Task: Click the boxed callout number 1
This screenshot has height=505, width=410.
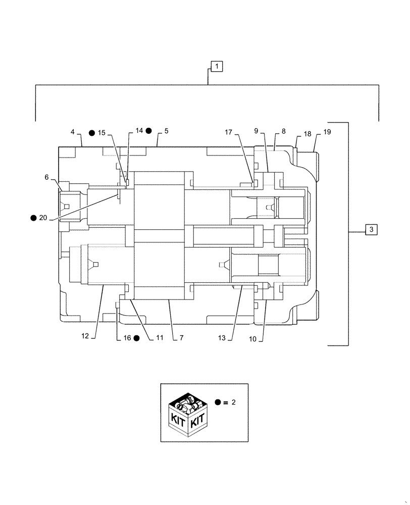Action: (216, 66)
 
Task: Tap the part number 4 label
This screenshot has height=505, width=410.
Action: (73, 132)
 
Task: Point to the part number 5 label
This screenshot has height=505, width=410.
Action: (166, 131)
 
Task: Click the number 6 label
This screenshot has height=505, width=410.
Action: (46, 177)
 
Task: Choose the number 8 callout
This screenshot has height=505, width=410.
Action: (283, 131)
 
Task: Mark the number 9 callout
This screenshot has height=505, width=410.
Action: (257, 131)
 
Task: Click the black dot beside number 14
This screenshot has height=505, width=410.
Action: (149, 131)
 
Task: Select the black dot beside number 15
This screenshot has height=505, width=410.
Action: (91, 133)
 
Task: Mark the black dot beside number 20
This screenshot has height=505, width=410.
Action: (33, 218)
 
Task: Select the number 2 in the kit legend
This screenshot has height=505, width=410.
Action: (234, 403)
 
